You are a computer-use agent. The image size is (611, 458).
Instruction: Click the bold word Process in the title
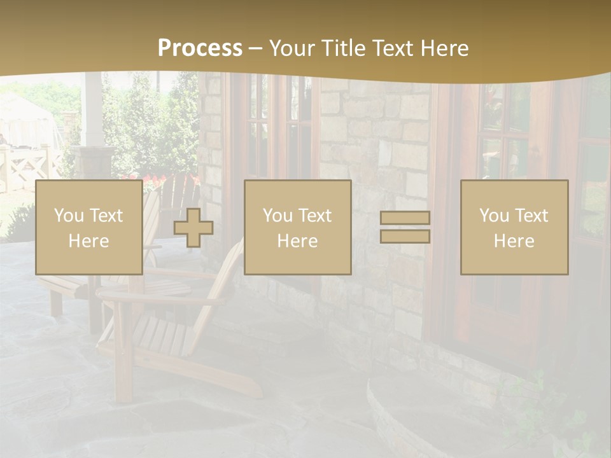pos(200,48)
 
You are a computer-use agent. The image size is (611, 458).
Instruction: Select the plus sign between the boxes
pos(193,227)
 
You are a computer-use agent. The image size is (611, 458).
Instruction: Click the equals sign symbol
pos(405,227)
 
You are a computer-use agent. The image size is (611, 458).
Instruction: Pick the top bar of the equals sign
pos(405,218)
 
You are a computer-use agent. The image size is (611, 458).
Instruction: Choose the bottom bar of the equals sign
pos(405,236)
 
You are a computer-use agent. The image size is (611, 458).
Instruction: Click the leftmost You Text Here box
pos(88,227)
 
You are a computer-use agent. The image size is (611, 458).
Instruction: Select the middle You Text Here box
pos(297,227)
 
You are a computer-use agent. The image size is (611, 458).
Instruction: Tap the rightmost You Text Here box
pos(514,227)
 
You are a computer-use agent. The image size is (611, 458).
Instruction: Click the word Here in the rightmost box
pos(514,240)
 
